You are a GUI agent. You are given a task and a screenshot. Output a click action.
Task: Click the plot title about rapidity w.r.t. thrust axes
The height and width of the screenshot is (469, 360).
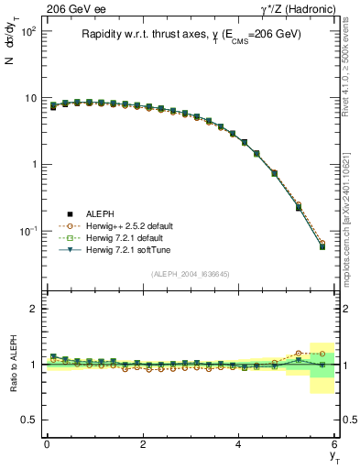tap(191, 35)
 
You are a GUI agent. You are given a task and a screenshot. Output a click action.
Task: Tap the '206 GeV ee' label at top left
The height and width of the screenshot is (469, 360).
tap(72, 9)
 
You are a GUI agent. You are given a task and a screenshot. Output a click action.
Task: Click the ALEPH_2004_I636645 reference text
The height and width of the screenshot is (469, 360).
tap(190, 274)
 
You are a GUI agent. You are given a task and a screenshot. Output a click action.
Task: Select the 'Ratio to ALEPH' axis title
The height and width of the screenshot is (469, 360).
tap(14, 365)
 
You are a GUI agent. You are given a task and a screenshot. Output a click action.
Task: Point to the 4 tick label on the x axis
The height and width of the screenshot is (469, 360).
tap(239, 444)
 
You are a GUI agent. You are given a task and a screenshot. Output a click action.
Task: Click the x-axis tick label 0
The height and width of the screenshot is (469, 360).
tap(47, 444)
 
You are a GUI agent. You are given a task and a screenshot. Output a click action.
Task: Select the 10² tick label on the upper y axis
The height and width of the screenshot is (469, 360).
tap(27, 32)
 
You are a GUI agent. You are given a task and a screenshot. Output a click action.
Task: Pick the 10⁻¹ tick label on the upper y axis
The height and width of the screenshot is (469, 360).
tap(27, 231)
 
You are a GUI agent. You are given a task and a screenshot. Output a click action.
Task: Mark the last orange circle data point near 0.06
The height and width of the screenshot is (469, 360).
tap(322, 244)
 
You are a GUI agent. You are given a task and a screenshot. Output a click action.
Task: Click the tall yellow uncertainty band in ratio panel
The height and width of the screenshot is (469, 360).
tap(322, 367)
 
